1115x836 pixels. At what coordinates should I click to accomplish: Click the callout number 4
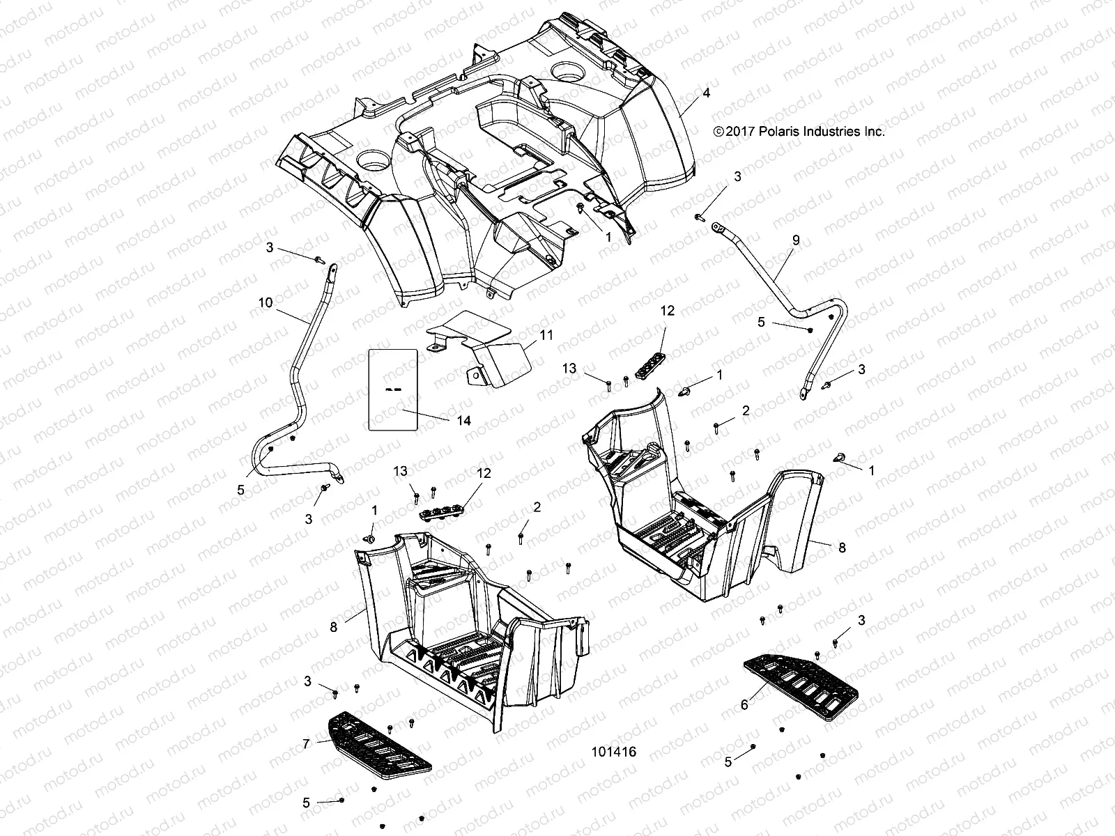click(x=706, y=93)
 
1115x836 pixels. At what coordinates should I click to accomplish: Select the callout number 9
click(x=796, y=240)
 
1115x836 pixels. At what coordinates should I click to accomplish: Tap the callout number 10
click(x=265, y=302)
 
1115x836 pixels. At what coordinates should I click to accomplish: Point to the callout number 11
click(x=546, y=335)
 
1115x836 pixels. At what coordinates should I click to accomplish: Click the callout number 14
click(x=464, y=421)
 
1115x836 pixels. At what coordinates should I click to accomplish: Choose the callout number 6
click(x=744, y=706)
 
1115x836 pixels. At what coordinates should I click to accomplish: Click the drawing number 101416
click(x=613, y=752)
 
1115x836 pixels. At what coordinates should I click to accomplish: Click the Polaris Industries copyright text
click(x=799, y=131)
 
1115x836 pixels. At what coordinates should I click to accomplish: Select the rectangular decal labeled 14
click(x=393, y=390)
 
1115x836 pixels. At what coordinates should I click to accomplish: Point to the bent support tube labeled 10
click(x=300, y=362)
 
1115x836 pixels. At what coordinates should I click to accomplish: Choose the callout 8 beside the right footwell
click(x=842, y=548)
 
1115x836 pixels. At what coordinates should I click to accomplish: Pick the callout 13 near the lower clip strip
click(x=400, y=472)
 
